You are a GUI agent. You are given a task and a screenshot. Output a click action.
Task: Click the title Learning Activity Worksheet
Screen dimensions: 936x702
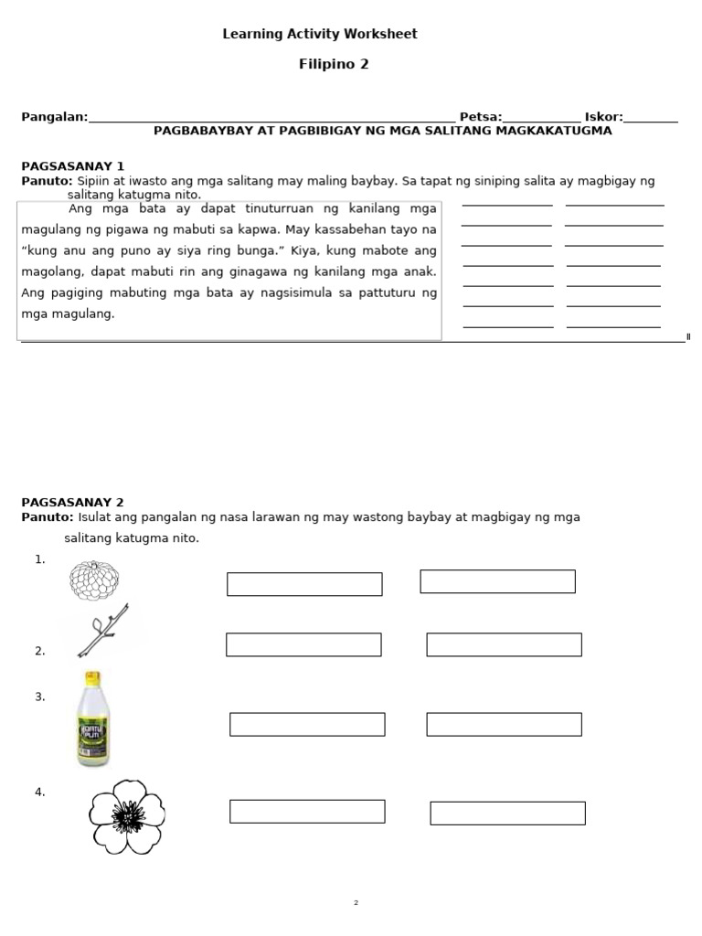click(320, 34)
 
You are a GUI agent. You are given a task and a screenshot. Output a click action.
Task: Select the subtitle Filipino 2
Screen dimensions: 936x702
click(334, 64)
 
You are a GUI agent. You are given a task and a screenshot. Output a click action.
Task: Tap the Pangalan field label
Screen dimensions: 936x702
click(54, 117)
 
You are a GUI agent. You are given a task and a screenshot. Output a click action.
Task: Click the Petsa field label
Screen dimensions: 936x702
click(480, 117)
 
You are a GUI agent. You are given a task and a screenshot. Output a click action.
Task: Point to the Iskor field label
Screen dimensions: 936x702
click(603, 117)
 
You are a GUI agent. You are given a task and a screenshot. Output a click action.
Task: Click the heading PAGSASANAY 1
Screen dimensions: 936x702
click(72, 166)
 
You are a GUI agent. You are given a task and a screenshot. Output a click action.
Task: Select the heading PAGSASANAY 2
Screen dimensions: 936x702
click(72, 503)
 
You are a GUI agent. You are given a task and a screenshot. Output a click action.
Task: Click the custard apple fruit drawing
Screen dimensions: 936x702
click(94, 580)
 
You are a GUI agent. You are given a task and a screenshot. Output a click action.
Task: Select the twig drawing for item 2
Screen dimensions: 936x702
click(102, 632)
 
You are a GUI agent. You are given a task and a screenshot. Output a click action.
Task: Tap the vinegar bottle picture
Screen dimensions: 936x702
click(93, 719)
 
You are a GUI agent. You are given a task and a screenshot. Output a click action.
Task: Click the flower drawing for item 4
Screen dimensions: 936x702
click(127, 816)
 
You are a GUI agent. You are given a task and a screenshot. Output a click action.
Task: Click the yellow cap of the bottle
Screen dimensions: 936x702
click(92, 678)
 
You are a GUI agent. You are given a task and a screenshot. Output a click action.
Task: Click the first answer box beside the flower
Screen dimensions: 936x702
click(307, 811)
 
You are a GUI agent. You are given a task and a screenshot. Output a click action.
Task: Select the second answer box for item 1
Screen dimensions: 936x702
click(497, 581)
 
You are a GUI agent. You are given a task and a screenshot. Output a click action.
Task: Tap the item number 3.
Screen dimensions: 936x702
click(39, 697)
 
